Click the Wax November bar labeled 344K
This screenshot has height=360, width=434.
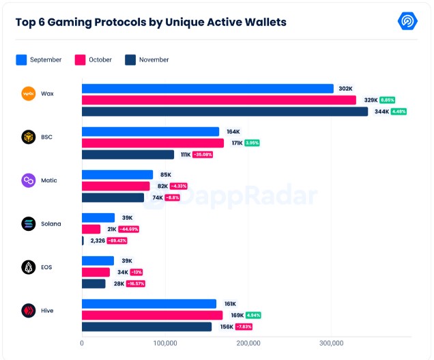coord(225,111)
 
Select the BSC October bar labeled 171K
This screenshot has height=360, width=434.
coord(153,143)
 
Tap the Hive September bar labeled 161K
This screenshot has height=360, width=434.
coord(149,304)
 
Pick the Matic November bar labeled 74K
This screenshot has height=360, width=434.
coord(113,197)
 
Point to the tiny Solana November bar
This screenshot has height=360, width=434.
coord(83,240)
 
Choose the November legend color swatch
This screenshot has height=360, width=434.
coord(130,59)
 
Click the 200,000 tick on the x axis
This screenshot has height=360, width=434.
coord(248,343)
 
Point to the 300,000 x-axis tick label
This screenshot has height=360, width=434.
coord(332,343)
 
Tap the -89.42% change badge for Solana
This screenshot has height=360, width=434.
coord(117,240)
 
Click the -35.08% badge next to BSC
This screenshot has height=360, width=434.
coord(203,154)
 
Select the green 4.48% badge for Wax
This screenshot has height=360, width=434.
coord(399,111)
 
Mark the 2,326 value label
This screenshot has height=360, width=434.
coord(98,240)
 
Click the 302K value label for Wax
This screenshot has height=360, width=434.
coord(345,88)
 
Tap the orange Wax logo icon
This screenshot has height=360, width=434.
coord(29,94)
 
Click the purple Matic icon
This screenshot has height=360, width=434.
coord(29,180)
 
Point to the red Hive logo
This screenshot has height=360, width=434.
coord(29,311)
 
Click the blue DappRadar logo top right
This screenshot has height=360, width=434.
coord(407,21)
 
